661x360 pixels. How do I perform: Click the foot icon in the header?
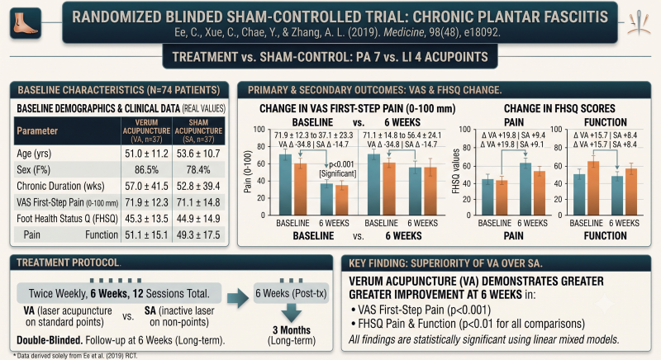click(26, 23)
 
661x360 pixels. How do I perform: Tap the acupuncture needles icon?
click(639, 22)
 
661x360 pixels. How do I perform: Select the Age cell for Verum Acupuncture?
click(146, 154)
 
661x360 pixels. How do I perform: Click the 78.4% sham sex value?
click(198, 170)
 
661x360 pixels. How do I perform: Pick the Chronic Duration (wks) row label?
click(60, 186)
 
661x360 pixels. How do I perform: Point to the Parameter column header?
click(37, 131)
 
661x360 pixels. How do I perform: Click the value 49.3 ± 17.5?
click(198, 235)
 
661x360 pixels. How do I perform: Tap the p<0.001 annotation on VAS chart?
click(341, 164)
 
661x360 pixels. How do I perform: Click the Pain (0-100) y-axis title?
click(248, 172)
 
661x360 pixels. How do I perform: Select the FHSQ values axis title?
click(455, 171)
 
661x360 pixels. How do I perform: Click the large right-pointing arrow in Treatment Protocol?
click(238, 298)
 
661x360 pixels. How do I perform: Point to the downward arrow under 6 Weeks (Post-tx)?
click(292, 312)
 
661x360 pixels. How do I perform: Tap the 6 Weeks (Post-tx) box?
click(292, 293)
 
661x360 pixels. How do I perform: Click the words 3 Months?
click(292, 330)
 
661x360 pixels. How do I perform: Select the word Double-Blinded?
click(50, 340)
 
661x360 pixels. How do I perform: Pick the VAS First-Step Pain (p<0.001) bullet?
click(421, 310)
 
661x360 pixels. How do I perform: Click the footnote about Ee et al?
click(75, 356)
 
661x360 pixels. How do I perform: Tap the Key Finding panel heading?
click(445, 263)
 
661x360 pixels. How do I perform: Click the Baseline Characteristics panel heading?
click(119, 90)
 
